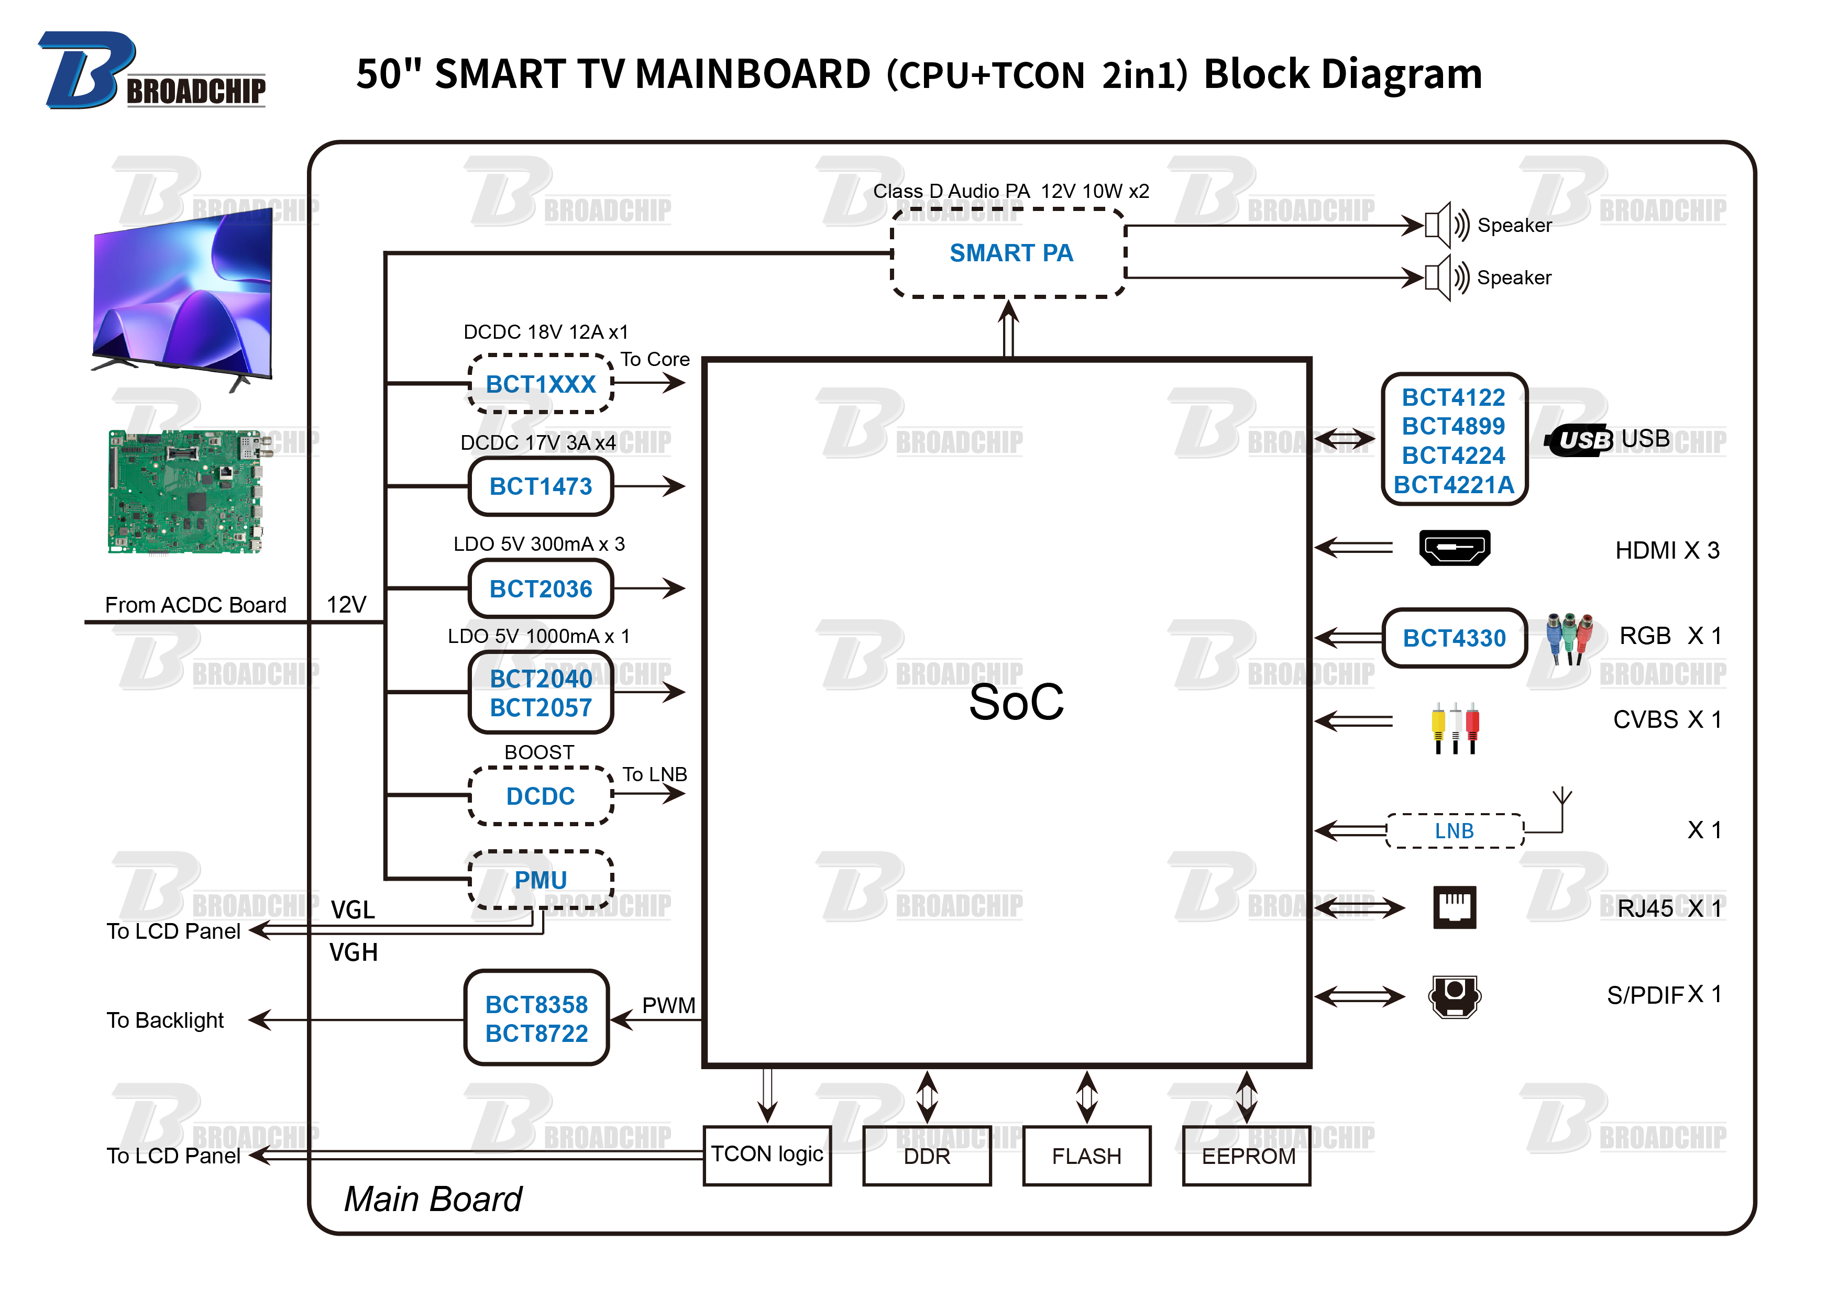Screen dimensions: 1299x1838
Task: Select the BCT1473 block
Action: tap(541, 486)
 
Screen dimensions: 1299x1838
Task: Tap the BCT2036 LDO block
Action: tap(541, 589)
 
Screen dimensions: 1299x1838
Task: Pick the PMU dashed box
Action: tap(541, 880)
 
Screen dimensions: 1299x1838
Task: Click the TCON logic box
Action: tap(767, 1155)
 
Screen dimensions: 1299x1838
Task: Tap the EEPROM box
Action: tap(1247, 1156)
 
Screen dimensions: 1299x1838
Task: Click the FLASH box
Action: tap(1086, 1156)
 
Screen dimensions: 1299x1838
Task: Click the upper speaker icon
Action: tap(1446, 225)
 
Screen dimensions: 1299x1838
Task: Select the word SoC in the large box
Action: tap(1016, 702)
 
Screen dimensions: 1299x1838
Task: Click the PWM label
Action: tap(668, 1005)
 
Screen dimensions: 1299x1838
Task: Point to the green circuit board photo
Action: tap(184, 492)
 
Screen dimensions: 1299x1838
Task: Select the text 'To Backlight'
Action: tap(165, 1020)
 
